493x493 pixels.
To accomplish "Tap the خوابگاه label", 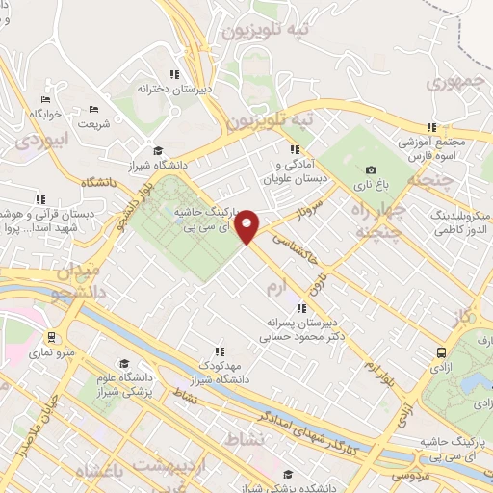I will (44, 114).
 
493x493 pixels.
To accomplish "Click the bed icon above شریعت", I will (93, 110).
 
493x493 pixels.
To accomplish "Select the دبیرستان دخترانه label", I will (174, 89).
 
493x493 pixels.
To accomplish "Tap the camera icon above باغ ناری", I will (372, 169).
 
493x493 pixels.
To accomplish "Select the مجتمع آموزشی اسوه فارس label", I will (430, 149).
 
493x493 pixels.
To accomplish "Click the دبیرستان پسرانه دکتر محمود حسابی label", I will (301, 331).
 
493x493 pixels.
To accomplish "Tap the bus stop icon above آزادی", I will (441, 352).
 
